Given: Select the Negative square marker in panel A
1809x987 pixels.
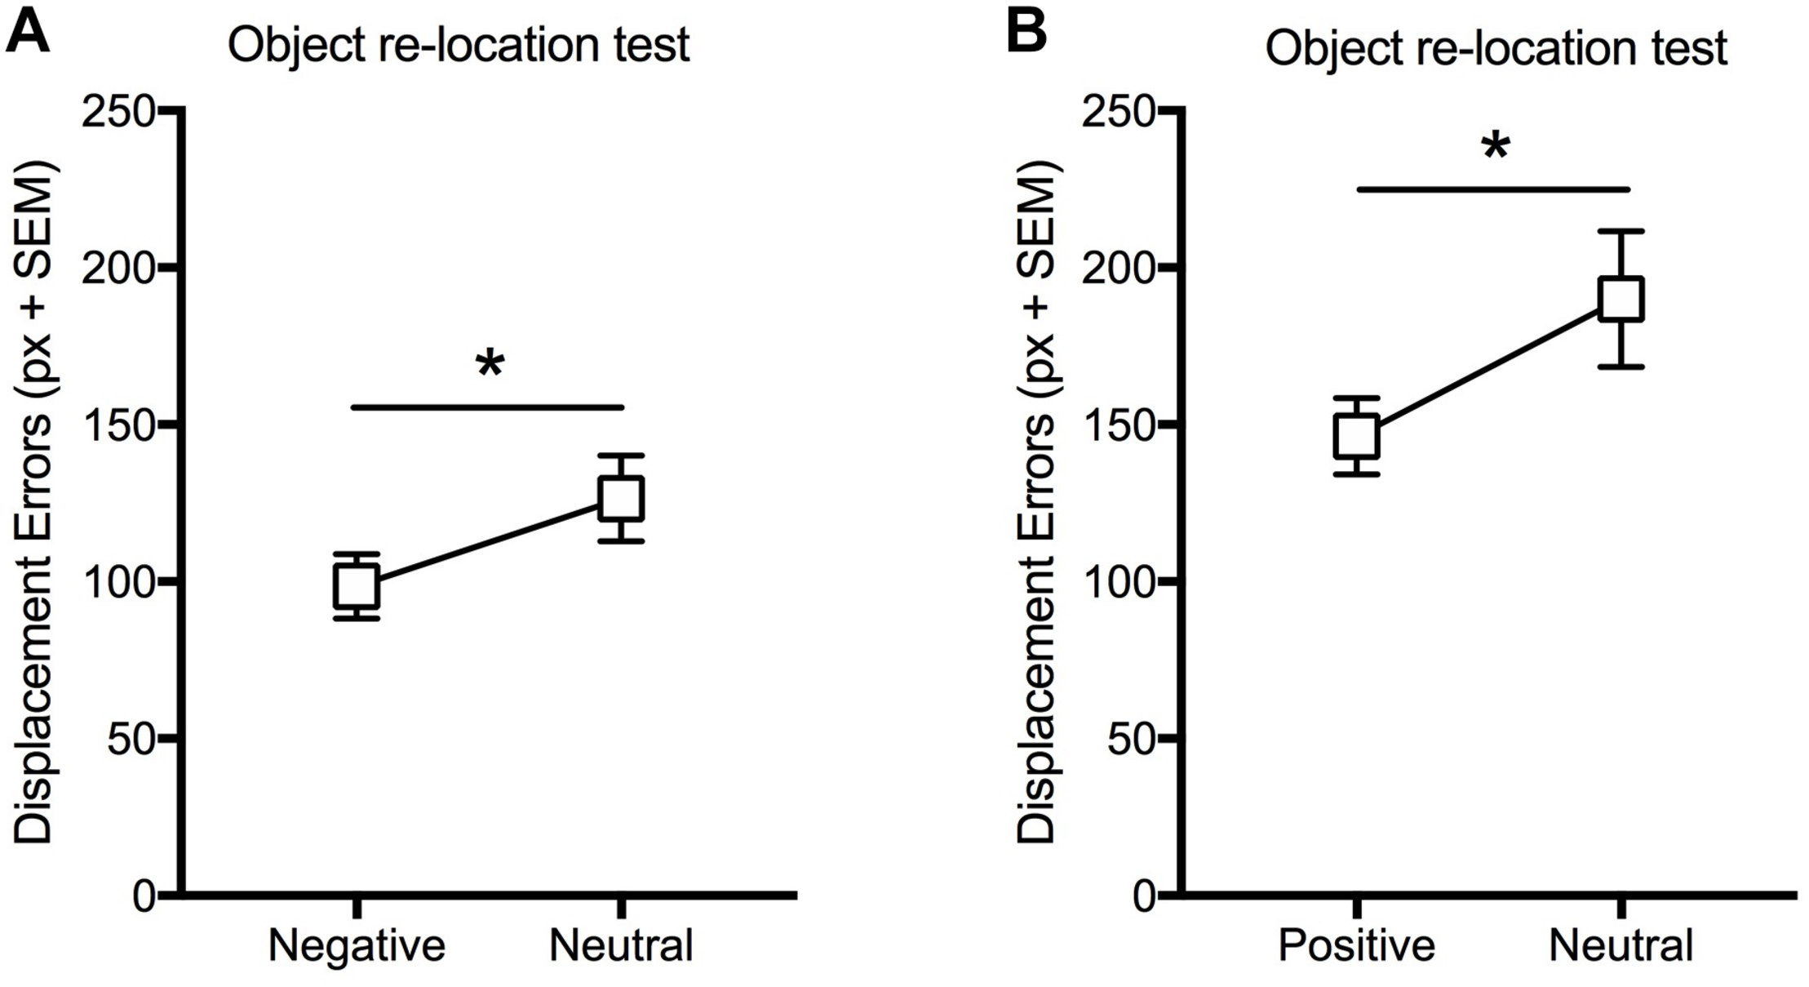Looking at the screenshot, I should coord(357,586).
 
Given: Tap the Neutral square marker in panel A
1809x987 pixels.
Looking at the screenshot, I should coord(622,498).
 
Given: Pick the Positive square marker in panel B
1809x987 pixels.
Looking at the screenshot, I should coord(1357,437).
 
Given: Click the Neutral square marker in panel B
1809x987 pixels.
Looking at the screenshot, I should coord(1621,299).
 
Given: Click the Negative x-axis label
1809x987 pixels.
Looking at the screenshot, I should coord(357,945).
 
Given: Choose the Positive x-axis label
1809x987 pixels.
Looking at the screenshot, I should coord(1356,945).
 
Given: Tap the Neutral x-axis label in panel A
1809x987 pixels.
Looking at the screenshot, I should coord(621,945).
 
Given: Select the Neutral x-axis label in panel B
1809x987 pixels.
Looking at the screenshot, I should coord(1621,945).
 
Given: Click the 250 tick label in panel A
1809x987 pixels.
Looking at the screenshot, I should coord(118,112).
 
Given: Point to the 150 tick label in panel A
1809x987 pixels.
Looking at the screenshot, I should coord(118,425).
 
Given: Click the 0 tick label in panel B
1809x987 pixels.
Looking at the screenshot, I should coord(1146,896).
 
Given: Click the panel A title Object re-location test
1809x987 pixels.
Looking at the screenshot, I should coord(459,45).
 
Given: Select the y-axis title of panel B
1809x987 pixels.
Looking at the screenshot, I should coord(1036,502).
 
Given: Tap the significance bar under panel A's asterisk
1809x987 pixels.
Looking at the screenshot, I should coord(487,407).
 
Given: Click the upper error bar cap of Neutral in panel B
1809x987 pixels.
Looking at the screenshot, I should coord(1621,232).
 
